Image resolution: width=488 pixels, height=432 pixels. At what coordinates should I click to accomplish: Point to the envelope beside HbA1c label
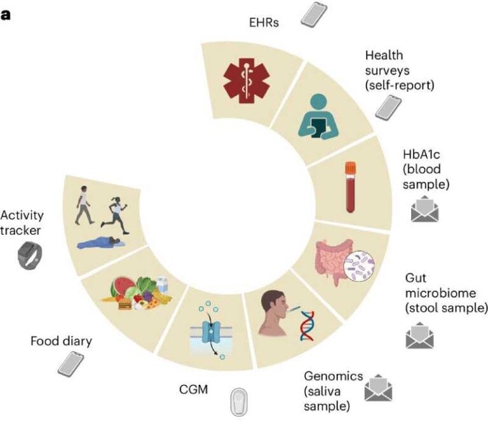pyautogui.click(x=425, y=209)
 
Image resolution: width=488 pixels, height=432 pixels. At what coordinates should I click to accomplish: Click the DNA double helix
pyautogui.click(x=308, y=324)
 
